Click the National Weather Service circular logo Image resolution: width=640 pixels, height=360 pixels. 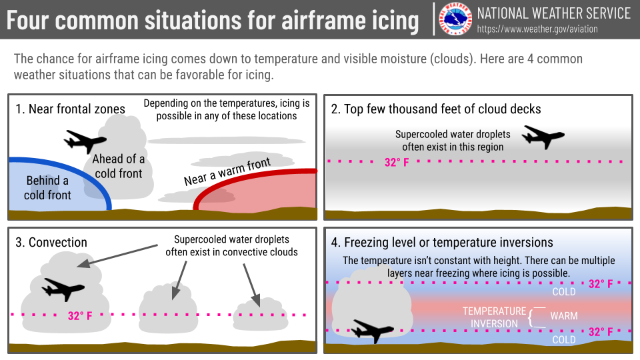455,19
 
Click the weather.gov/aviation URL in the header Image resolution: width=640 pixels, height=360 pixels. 537,29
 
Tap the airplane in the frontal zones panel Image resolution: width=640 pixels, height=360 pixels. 85,141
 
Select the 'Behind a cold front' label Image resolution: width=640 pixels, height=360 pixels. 47,188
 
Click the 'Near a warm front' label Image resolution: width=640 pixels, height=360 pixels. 227,172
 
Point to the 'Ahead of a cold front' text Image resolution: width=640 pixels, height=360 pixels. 119,166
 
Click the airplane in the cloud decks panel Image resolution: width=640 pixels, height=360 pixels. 543,137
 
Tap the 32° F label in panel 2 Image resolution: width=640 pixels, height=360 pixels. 396,163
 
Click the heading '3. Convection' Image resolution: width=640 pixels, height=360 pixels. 51,243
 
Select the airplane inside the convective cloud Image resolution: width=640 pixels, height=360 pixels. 63,289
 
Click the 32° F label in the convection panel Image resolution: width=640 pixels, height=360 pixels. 80,315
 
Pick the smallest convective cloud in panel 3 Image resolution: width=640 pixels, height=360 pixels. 260,315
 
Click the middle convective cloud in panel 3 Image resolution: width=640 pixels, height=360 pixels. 168,309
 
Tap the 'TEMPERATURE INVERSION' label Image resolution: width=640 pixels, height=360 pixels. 494,317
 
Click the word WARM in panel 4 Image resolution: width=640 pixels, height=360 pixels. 564,316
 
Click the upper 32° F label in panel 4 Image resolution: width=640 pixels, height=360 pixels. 601,284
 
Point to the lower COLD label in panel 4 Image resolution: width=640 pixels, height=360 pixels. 564,339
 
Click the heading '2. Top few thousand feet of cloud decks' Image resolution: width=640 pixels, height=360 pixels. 436,109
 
